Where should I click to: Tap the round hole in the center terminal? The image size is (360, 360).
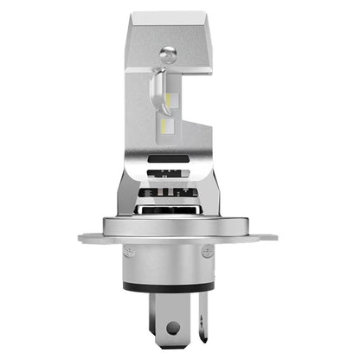pos(174,329)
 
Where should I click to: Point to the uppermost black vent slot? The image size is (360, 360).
pos(178,159)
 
